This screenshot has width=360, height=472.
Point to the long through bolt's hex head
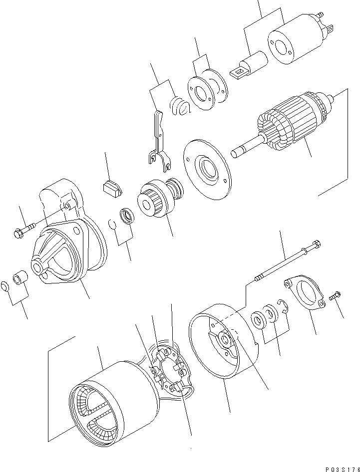coord(315,245)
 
